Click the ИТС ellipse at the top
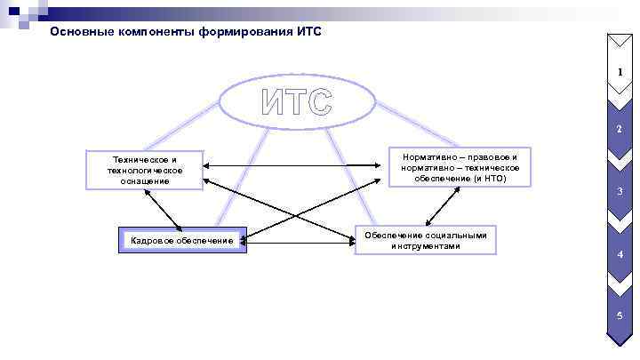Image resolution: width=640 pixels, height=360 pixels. tap(297, 101)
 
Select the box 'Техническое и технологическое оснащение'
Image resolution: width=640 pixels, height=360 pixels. tap(145, 170)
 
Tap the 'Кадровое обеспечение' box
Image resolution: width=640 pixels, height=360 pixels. tap(182, 240)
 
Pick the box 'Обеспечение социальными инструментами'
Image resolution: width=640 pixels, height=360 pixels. tap(426, 240)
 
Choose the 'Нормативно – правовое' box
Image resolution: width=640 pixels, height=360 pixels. tap(460, 167)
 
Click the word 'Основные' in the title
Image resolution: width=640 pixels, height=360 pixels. tap(81, 32)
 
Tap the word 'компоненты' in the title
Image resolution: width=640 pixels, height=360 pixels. tap(158, 32)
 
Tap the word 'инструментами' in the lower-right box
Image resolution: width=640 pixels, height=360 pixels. tap(426, 245)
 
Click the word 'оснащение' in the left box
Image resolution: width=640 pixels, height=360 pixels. tap(145, 180)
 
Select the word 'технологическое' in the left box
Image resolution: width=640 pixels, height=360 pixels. tap(145, 170)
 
